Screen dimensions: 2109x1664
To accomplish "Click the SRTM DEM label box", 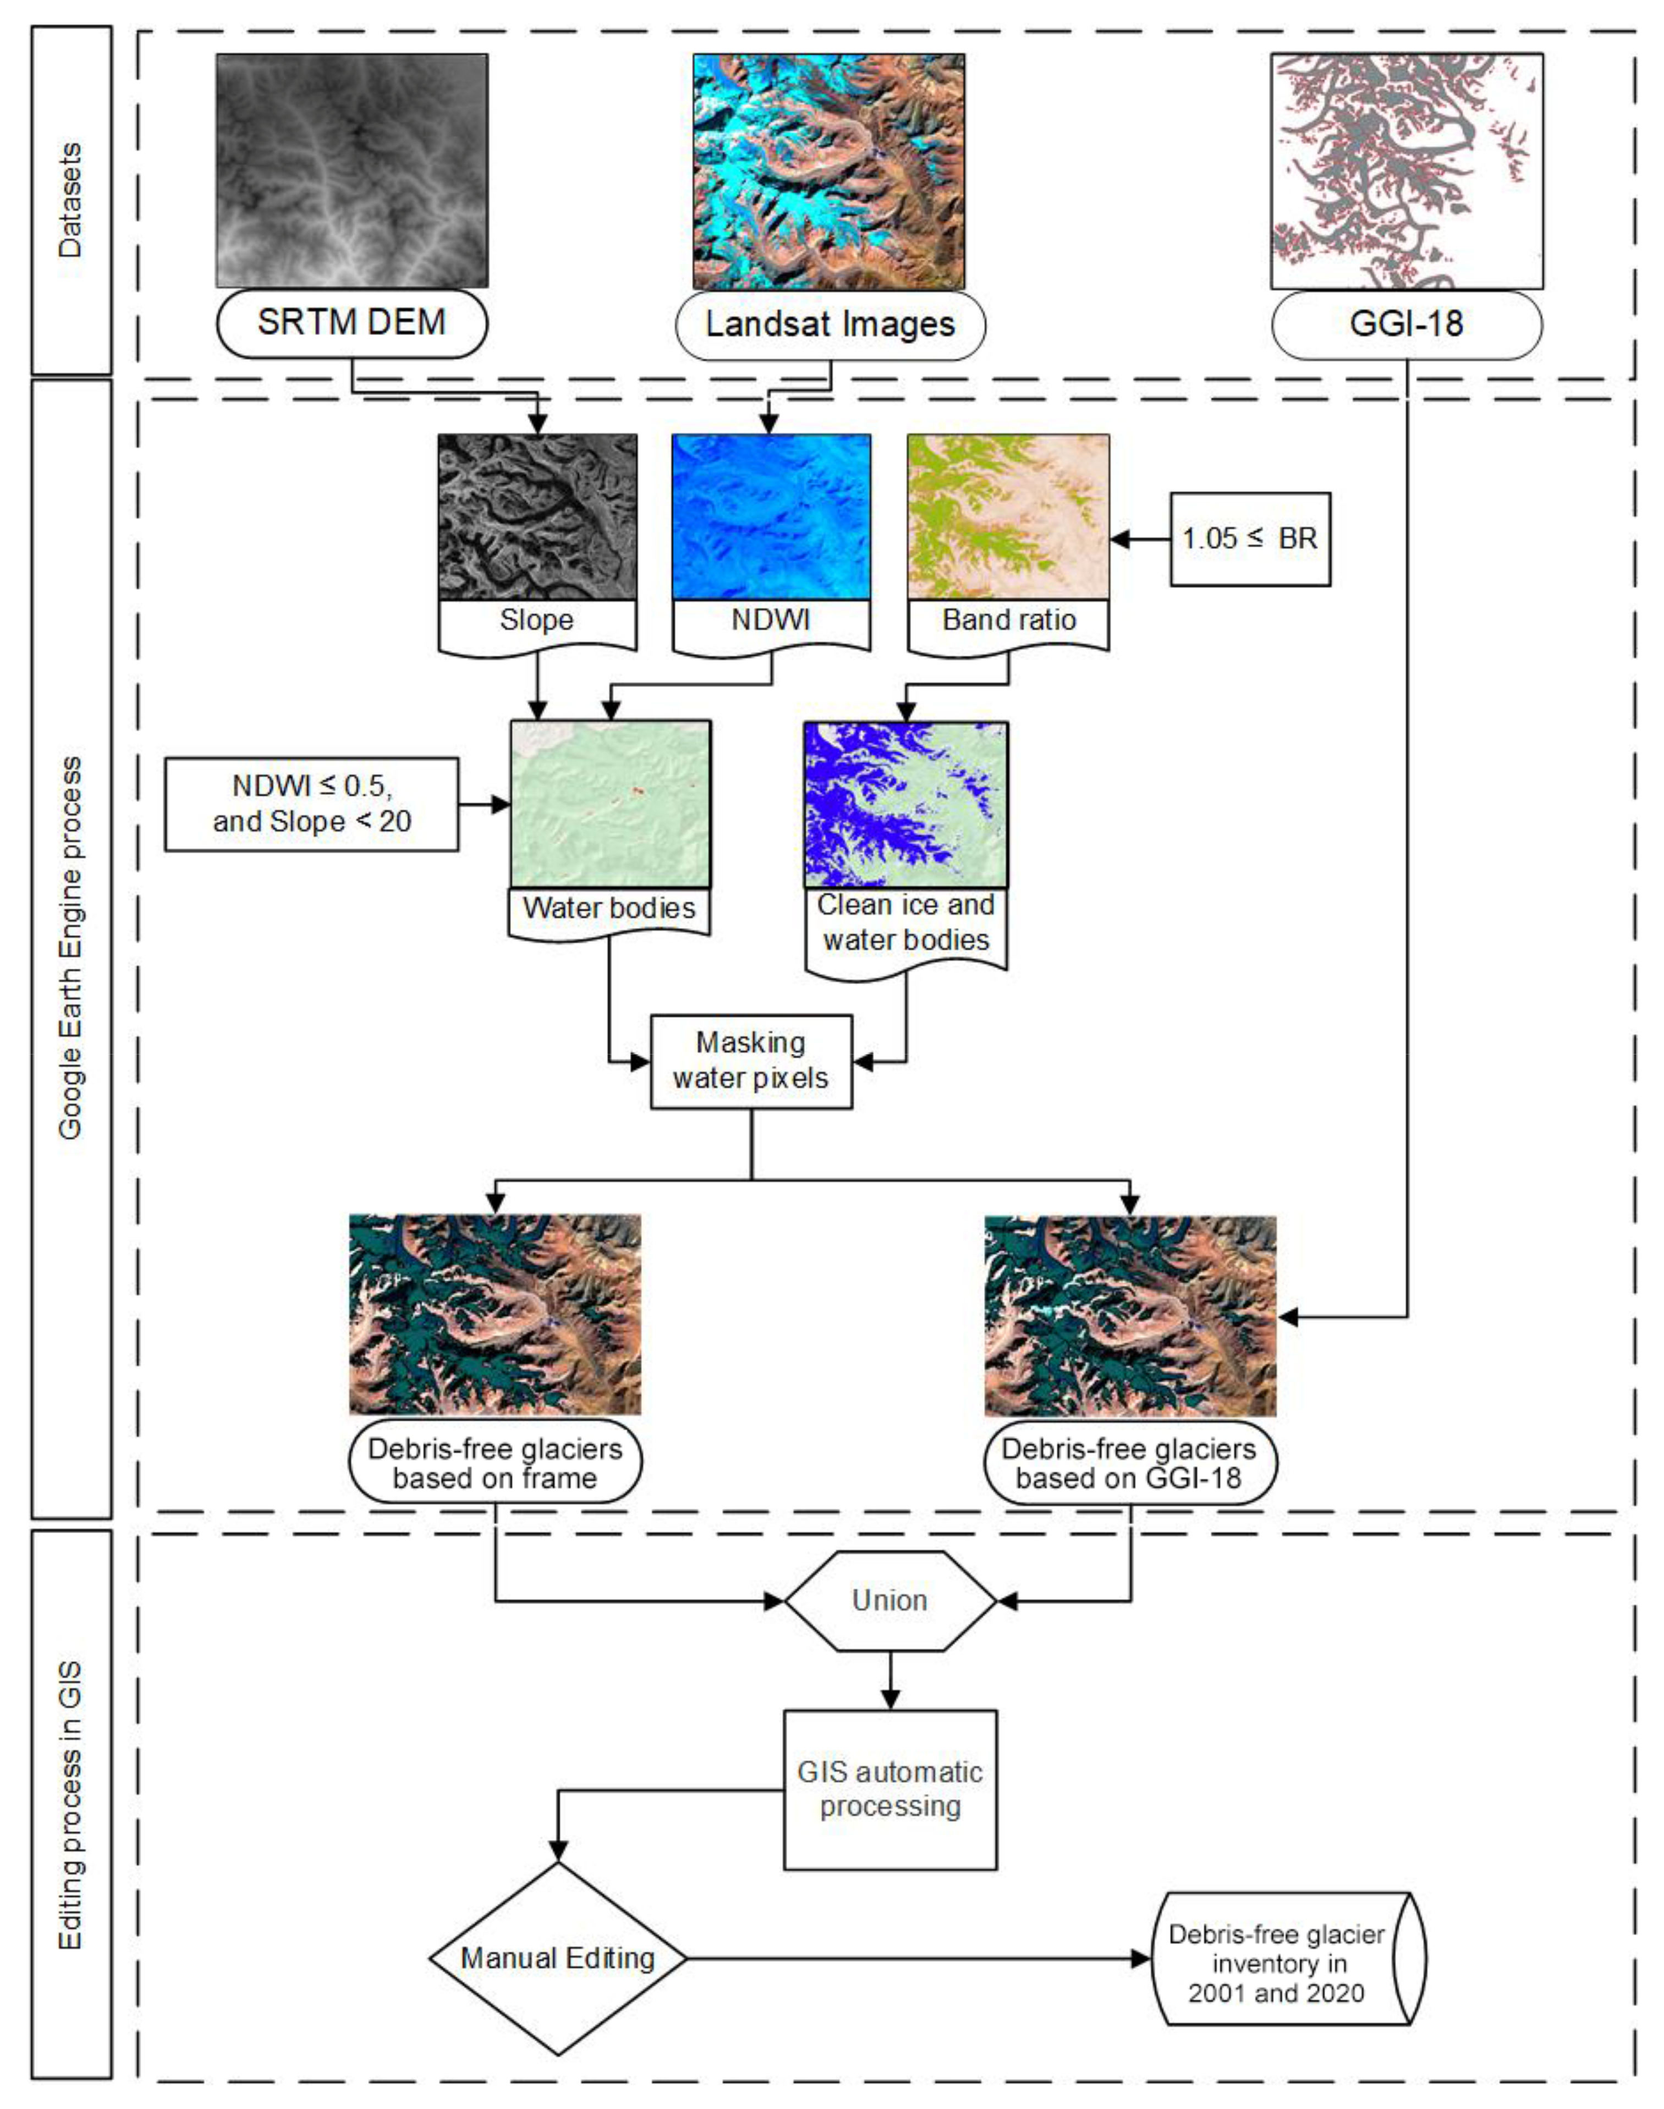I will pos(351,322).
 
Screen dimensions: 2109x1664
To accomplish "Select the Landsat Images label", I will pos(830,325).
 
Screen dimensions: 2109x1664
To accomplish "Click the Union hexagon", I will pos(889,1601).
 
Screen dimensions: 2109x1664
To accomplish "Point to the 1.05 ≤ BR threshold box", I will pos(1249,539).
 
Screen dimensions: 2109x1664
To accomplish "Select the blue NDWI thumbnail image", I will pos(771,517).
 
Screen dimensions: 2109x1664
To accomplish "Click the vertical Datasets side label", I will pos(71,200).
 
